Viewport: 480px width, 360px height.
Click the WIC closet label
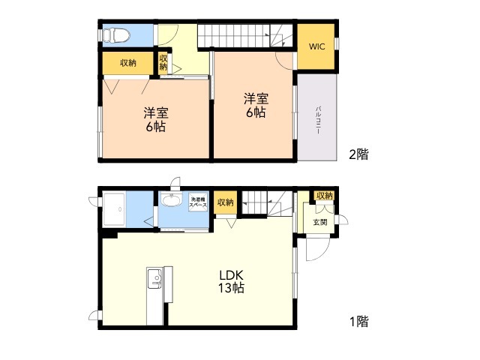[316, 46]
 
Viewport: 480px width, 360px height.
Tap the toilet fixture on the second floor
[115, 35]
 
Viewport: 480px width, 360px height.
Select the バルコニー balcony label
[318, 120]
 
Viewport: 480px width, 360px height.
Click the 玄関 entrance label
[320, 222]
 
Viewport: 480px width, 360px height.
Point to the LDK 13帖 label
[231, 282]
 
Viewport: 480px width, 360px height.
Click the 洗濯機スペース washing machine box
[198, 202]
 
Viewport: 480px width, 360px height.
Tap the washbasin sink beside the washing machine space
[172, 200]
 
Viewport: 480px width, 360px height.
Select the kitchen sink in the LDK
[155, 278]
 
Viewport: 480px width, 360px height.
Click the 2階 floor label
[358, 154]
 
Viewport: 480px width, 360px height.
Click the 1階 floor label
[358, 322]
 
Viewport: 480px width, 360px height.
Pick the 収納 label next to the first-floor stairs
[226, 202]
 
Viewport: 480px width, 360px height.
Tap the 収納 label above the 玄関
[325, 195]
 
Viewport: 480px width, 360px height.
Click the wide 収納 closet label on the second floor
[128, 63]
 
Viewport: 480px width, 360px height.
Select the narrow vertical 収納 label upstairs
[163, 62]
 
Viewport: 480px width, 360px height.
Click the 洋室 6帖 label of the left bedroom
[156, 120]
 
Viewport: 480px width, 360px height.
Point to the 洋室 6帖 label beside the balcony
[256, 105]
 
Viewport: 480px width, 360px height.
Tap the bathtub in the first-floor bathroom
[114, 209]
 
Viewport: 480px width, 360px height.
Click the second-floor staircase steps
[245, 36]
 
